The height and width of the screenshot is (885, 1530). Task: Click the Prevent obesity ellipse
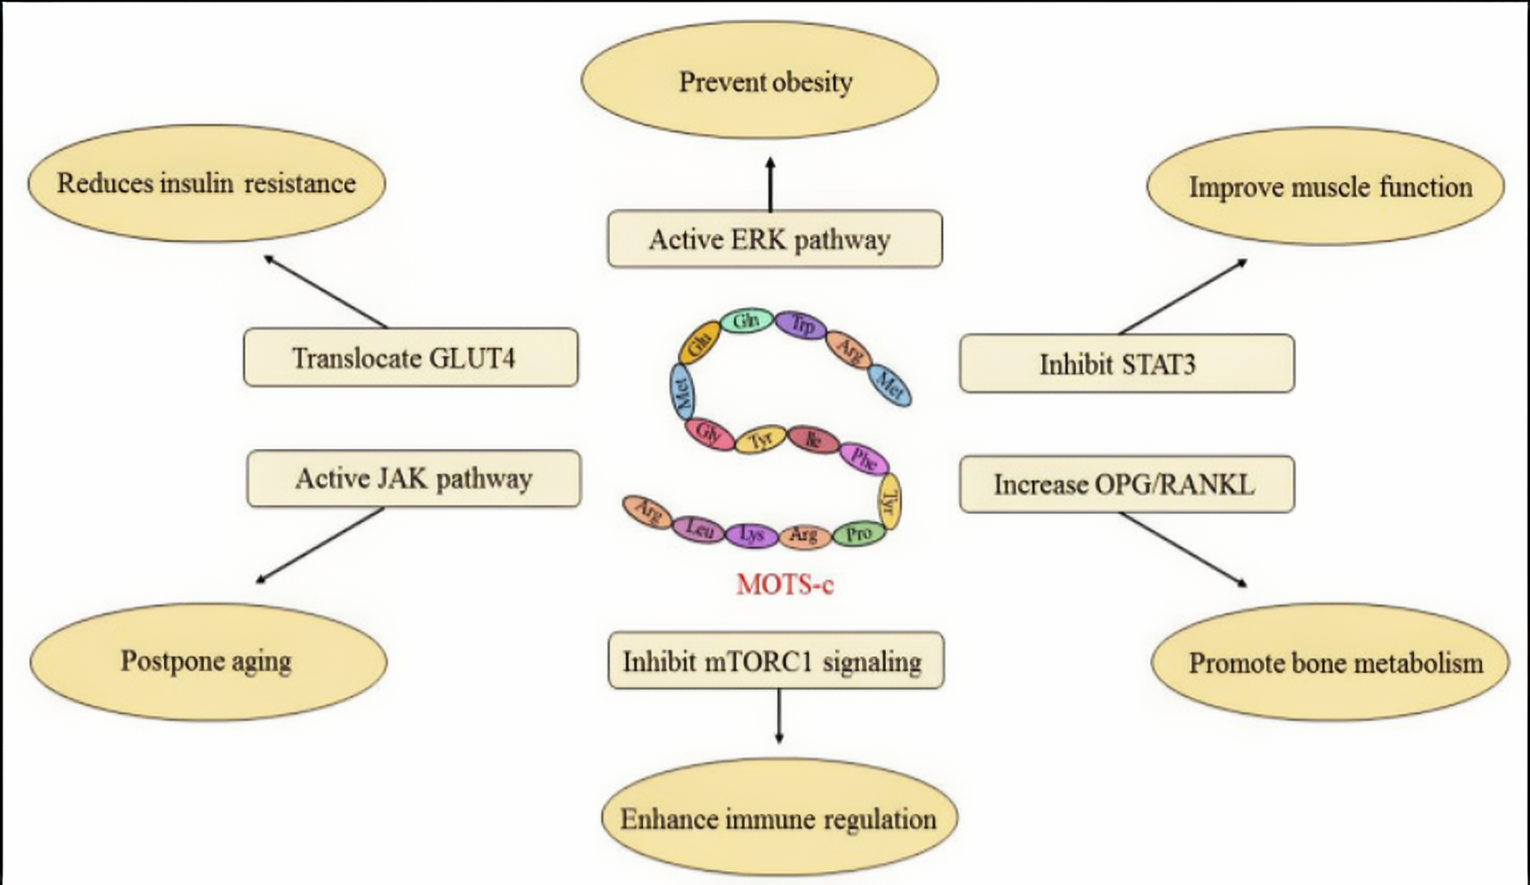759,80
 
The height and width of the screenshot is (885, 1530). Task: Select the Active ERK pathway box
774,239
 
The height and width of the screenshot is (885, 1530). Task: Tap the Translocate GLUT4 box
410,357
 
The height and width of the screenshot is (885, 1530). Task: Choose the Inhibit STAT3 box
1126,363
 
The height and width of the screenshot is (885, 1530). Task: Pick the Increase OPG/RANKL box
1126,484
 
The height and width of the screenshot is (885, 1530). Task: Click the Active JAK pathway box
414,478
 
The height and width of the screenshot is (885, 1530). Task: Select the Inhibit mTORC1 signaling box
776,660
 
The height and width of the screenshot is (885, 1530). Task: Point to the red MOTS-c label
785,585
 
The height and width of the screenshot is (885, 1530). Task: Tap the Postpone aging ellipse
208,661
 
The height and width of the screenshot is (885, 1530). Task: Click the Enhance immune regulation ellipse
779,818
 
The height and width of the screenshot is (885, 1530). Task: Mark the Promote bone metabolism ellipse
1330,662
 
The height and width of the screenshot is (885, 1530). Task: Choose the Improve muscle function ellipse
1325,186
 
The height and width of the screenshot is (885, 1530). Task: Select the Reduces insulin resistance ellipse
206,183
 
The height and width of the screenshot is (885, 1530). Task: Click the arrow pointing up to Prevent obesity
771,184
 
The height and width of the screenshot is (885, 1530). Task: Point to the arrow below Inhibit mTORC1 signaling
778,716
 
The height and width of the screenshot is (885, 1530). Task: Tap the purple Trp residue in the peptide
801,324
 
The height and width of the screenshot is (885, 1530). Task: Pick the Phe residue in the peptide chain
864,458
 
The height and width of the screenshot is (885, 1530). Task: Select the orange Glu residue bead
700,341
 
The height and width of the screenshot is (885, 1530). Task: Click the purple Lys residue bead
751,535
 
